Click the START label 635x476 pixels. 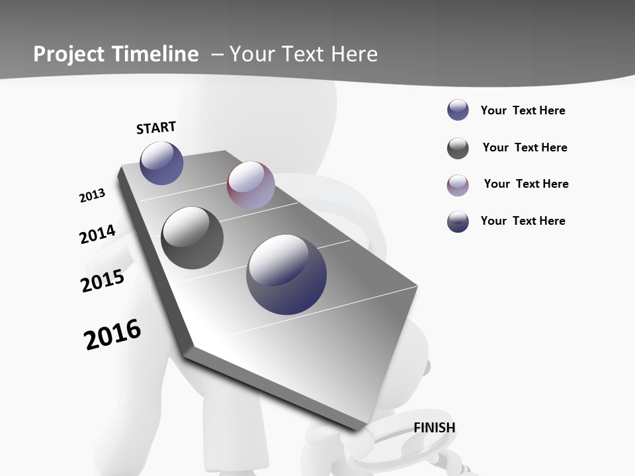point(156,128)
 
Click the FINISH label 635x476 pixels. point(435,428)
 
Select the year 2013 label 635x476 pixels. point(92,196)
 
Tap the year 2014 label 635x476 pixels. point(97,234)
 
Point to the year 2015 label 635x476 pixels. point(103,281)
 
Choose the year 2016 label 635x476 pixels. point(112,335)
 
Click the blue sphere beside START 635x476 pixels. point(161,163)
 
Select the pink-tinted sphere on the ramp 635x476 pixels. point(251,185)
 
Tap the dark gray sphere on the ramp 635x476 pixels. point(192,238)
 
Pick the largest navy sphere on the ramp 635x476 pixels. point(286,274)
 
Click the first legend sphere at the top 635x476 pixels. point(458,110)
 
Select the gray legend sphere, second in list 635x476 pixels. point(458,148)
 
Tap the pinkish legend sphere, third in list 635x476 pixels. point(458,185)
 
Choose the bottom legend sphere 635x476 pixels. point(458,221)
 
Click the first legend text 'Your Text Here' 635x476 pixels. point(523,110)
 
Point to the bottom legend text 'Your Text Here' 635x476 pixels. point(523,221)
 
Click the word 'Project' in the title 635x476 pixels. point(68,54)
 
